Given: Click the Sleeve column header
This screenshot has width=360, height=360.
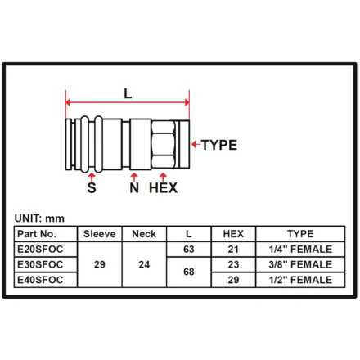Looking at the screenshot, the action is [100, 234].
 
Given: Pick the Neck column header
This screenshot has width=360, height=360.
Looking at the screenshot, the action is [144, 234].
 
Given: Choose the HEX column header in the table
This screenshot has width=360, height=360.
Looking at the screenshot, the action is [233, 234].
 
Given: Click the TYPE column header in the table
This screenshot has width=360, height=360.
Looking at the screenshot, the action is [300, 234].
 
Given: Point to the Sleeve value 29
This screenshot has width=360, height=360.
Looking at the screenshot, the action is [100, 264].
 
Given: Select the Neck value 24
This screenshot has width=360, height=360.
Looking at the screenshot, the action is [144, 264].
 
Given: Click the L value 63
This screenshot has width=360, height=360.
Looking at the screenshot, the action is [189, 249].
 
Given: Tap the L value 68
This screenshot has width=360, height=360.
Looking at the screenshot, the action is [189, 272].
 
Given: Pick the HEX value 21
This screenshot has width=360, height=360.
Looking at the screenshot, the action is [233, 249].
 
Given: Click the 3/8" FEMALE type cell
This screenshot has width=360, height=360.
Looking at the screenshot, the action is [300, 264].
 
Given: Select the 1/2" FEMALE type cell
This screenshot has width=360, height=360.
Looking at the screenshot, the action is [300, 280].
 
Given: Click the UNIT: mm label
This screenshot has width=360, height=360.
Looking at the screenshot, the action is [39, 218].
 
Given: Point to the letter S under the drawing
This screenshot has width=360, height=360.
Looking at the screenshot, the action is [92, 187].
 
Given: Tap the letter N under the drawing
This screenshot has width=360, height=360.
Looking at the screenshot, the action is [134, 187].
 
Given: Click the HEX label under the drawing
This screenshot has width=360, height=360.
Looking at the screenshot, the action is [163, 187].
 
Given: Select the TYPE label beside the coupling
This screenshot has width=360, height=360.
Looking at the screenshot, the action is [219, 145].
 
